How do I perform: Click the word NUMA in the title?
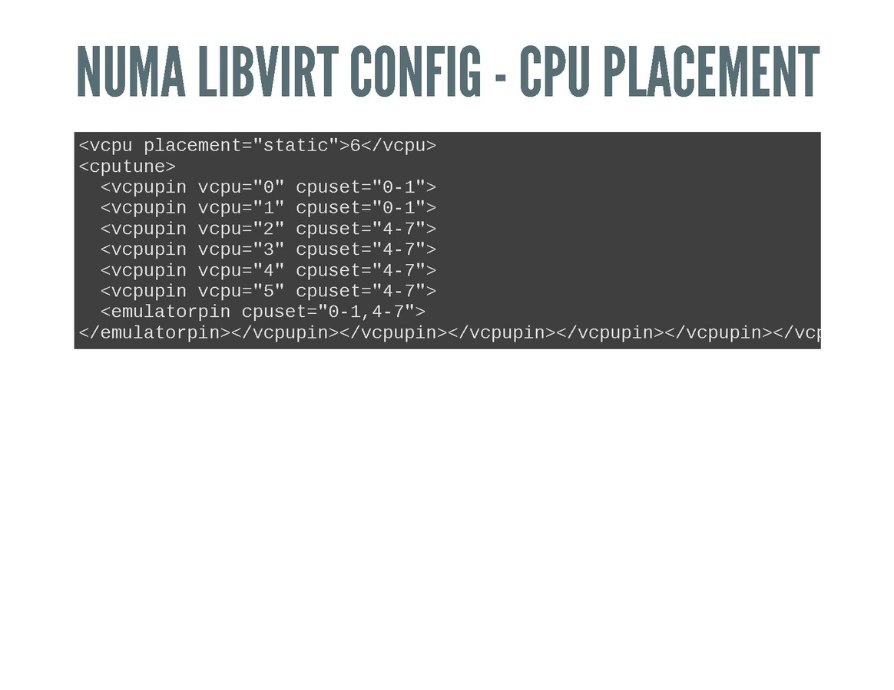click(131, 71)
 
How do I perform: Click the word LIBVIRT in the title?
click(268, 71)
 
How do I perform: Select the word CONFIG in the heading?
click(416, 71)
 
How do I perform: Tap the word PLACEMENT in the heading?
click(711, 71)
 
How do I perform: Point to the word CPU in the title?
click(555, 71)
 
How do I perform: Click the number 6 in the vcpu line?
click(355, 146)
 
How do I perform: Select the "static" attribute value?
click(296, 145)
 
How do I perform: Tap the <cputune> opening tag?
click(127, 167)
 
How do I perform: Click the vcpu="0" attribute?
click(241, 187)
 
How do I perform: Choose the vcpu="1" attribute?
click(241, 208)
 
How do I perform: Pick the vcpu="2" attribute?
click(241, 229)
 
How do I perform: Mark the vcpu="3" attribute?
click(241, 249)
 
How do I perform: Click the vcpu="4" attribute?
click(241, 271)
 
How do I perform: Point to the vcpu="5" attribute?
click(241, 291)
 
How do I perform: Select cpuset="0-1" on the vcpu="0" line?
click(361, 187)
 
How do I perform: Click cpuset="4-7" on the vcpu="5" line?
click(361, 291)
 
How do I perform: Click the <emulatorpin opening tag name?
click(165, 312)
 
